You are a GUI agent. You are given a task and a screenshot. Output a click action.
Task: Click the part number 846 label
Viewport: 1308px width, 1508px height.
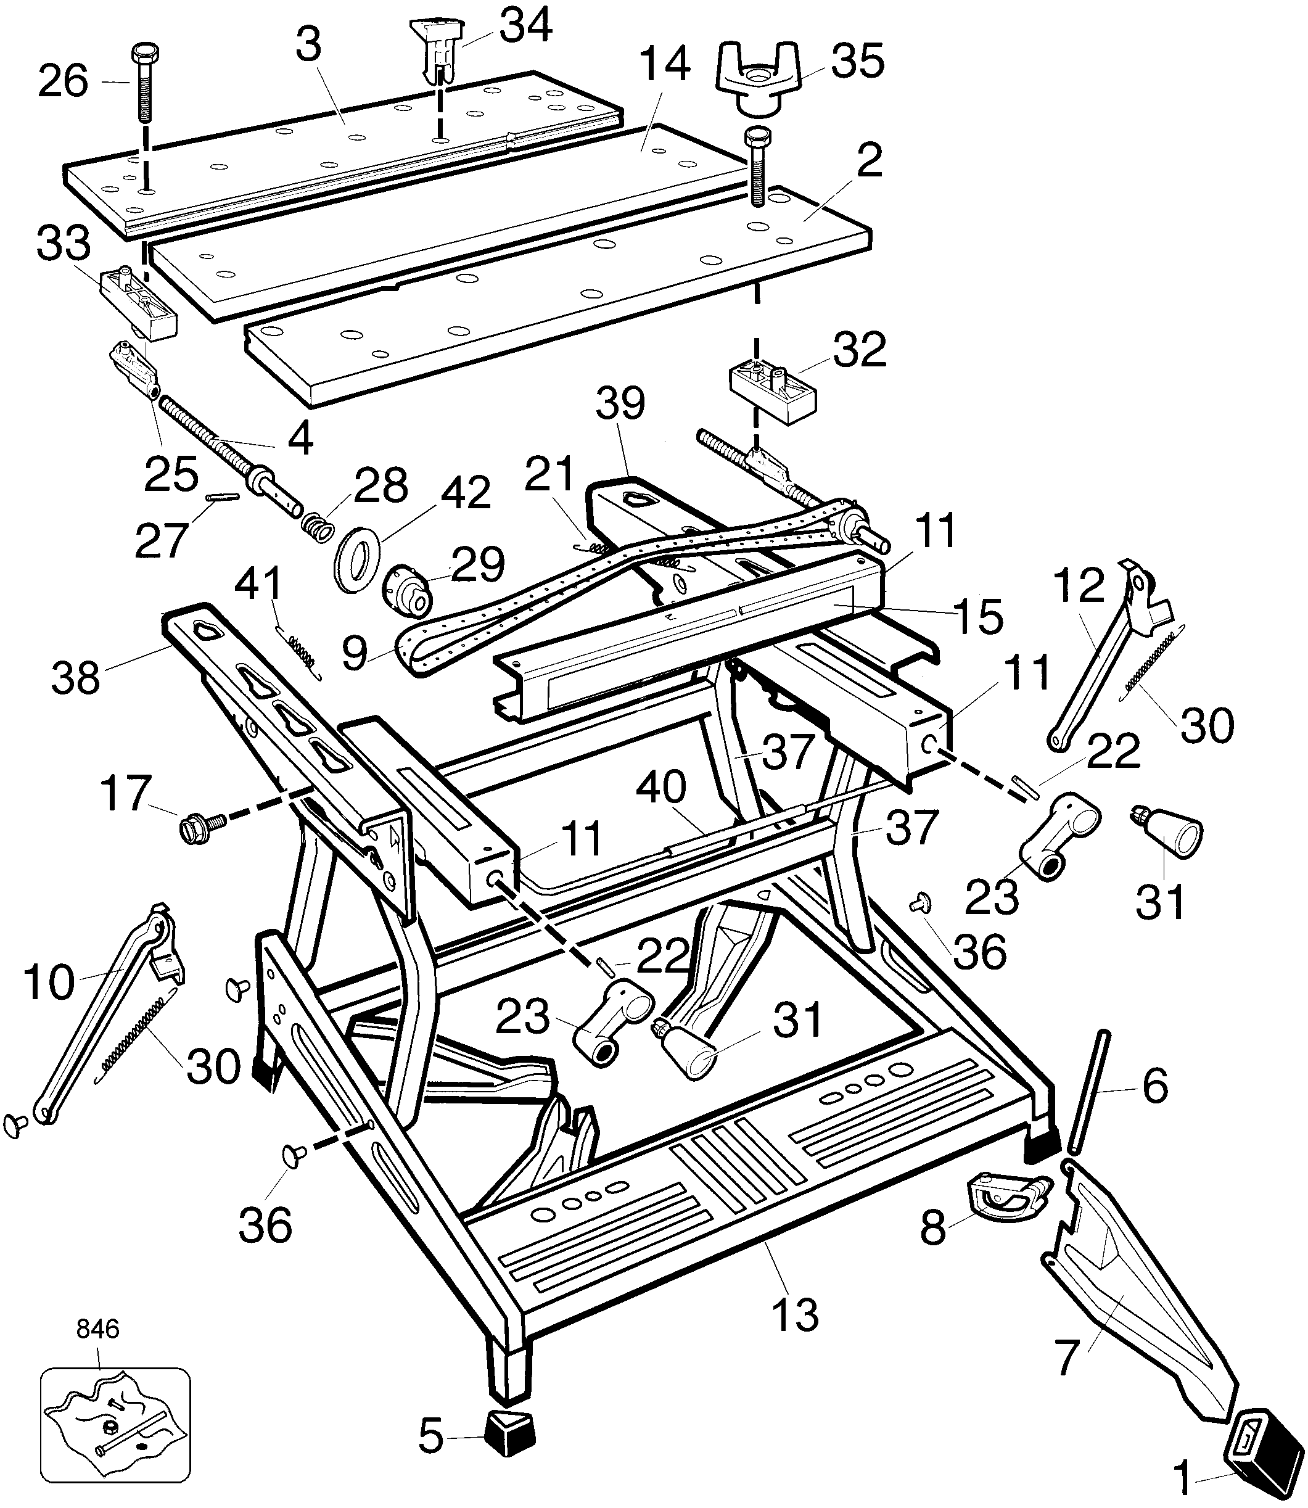coord(98,1329)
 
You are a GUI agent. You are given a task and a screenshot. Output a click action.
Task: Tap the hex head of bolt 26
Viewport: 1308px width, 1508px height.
coord(147,54)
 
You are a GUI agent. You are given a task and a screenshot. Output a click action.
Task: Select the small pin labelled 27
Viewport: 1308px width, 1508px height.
coord(222,497)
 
